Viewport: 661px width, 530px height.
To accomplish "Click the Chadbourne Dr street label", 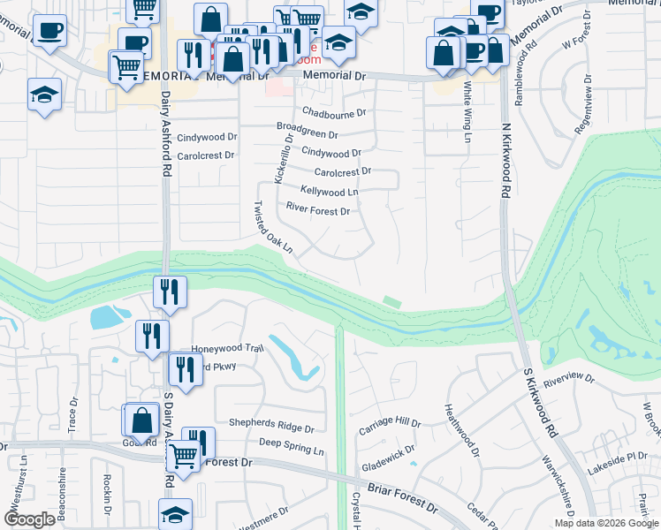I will pos(333,112).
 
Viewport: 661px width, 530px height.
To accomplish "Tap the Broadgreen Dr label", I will pos(307,132).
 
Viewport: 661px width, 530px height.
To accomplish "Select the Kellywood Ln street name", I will pos(329,191).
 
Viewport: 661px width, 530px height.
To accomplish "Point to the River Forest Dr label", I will pos(318,210).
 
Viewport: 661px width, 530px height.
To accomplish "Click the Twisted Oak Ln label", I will pos(273,227).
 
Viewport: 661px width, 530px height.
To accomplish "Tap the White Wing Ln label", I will pos(467,111).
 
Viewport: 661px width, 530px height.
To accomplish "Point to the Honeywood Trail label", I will pos(228,349).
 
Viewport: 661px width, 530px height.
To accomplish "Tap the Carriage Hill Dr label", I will pos(389,425).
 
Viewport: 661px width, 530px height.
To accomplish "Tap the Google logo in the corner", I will pos(29,519).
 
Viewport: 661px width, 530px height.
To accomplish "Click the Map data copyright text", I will pos(606,523).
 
